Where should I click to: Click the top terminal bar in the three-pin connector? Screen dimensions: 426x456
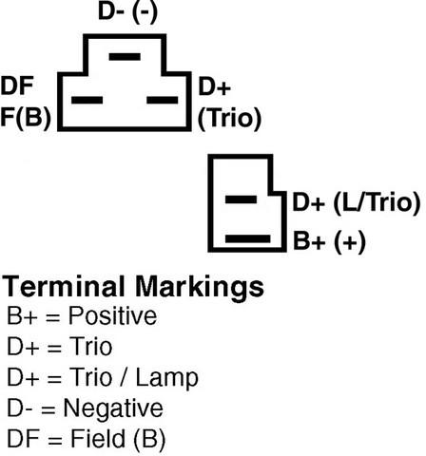point(125,57)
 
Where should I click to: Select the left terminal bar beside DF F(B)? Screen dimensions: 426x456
point(87,100)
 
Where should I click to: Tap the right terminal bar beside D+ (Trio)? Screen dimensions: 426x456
point(163,100)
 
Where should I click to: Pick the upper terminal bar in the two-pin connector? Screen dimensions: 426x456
point(241,199)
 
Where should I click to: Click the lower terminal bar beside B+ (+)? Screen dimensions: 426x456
point(248,238)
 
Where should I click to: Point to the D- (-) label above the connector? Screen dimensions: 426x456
point(127,12)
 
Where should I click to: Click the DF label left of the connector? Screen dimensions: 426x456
point(17,85)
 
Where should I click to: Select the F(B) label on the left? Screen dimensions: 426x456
point(26,118)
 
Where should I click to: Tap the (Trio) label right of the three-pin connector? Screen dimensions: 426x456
point(229,119)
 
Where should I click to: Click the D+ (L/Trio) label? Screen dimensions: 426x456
point(357,202)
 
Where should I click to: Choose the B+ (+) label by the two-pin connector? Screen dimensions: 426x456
point(329,241)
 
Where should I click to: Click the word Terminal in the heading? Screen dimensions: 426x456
point(64,286)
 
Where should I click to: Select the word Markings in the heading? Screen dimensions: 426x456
point(200,288)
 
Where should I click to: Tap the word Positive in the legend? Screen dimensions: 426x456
point(113,315)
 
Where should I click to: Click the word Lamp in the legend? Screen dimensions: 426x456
point(167,377)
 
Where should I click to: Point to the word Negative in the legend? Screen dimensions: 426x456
point(113,408)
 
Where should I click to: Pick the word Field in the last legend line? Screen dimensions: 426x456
point(98,439)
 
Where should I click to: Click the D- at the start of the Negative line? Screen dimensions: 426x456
point(20,408)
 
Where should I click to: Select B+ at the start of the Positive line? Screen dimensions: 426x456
point(22,315)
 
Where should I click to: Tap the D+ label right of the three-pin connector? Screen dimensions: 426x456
point(215,86)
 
